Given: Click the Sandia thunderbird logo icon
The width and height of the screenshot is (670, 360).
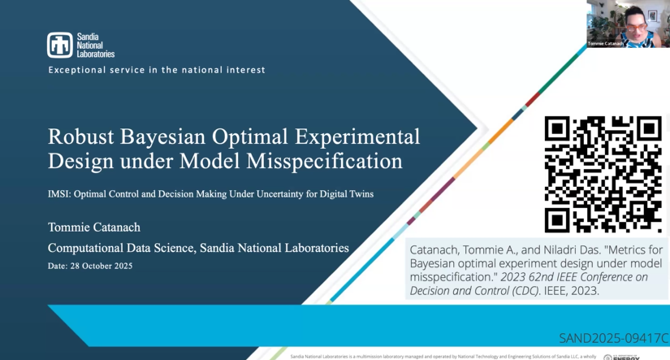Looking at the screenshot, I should tap(59, 45).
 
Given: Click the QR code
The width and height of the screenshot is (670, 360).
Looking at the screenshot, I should tap(603, 174).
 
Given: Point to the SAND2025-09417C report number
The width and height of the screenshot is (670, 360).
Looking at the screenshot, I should tap(613, 336).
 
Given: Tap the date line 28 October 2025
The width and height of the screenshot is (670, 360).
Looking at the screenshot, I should tap(89, 266).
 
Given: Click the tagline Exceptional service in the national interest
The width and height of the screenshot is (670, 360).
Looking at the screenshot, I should tap(157, 70).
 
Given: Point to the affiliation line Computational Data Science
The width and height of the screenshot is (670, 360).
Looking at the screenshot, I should tap(198, 247).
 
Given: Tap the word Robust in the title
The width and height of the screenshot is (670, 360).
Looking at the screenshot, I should tap(80, 134).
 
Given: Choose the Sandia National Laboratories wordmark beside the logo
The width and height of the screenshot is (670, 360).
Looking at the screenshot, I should tap(95, 45).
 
